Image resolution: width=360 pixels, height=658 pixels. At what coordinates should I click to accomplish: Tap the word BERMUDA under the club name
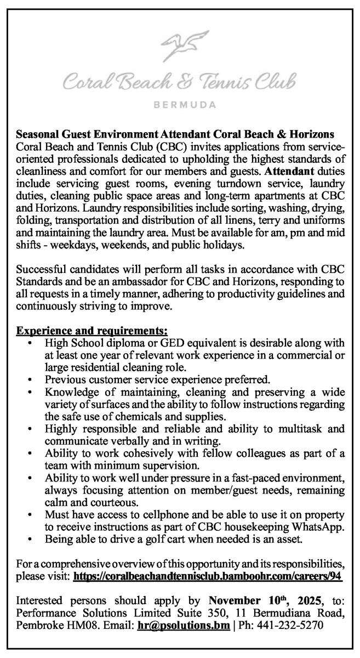pos(180,103)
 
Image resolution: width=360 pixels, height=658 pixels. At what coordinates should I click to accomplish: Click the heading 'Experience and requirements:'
pos(92,331)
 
